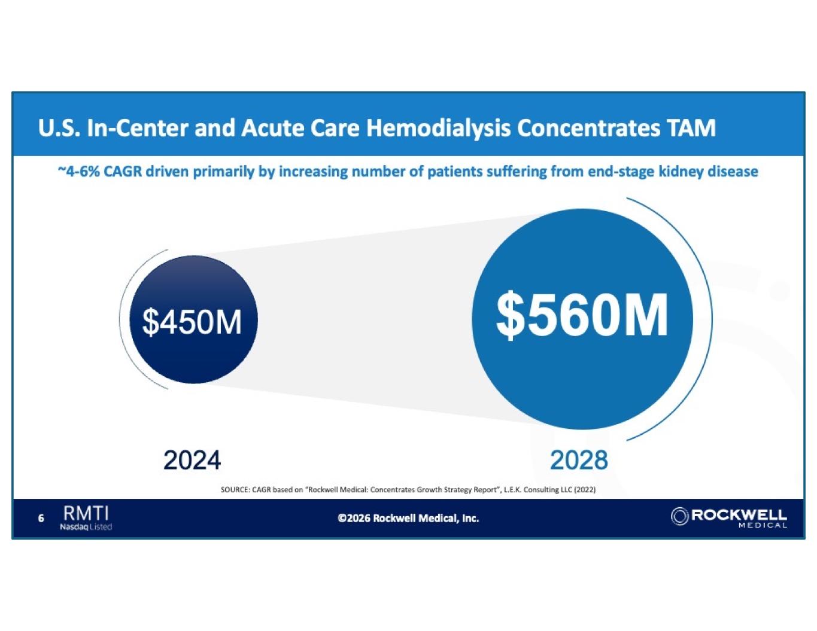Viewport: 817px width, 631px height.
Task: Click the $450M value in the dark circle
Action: click(192, 322)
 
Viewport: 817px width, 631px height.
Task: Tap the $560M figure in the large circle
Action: click(582, 315)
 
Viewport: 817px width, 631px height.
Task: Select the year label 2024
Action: click(192, 461)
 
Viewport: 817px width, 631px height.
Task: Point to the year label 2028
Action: click(579, 461)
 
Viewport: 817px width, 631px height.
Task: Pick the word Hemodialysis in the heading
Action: click(438, 128)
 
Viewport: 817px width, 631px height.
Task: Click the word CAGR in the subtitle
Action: click(123, 172)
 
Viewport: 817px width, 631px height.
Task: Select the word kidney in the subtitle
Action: click(681, 172)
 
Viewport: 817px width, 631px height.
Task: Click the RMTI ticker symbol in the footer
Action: click(86, 513)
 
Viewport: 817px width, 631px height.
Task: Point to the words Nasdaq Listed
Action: click(86, 527)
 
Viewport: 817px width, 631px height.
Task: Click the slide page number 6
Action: click(41, 519)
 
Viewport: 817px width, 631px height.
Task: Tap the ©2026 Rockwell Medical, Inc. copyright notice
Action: click(408, 519)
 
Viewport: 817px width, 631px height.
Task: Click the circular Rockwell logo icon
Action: click(680, 516)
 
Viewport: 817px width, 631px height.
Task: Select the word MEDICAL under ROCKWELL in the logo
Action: click(763, 526)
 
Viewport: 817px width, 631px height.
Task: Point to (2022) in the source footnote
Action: click(585, 490)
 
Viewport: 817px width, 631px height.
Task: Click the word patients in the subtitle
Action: click(455, 172)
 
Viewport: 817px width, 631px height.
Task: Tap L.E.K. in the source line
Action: click(512, 490)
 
